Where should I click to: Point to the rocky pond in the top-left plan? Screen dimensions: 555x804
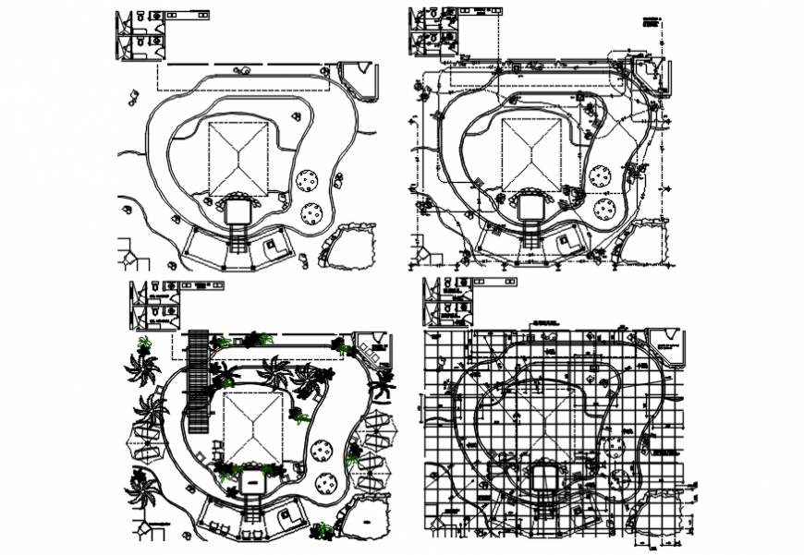[x=350, y=246]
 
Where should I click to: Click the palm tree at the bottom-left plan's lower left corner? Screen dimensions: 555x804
[x=141, y=490]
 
